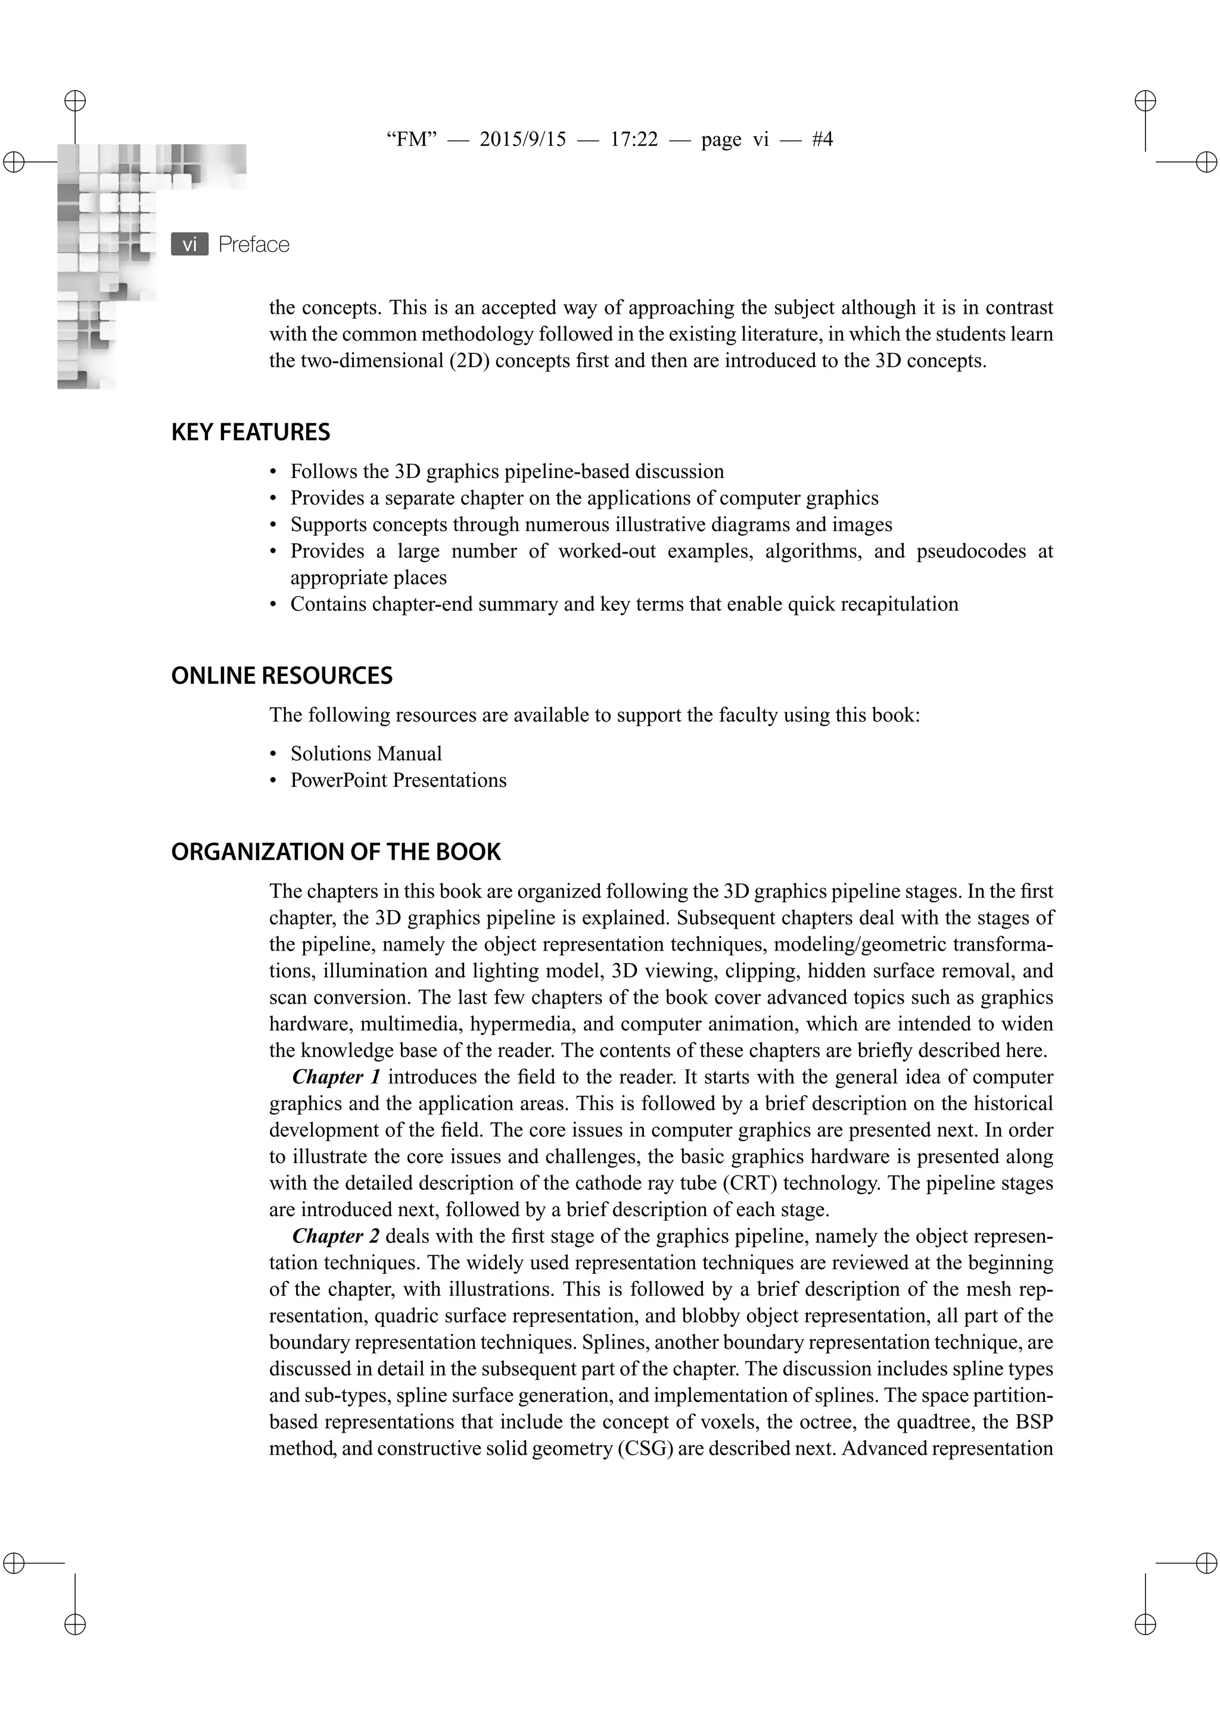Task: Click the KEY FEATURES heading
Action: click(x=250, y=432)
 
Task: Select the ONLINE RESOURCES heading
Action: click(x=282, y=676)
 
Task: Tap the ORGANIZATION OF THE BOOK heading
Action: click(x=335, y=852)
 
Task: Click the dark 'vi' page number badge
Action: click(x=189, y=244)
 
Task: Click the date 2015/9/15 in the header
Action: click(x=522, y=140)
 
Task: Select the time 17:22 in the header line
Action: click(x=634, y=140)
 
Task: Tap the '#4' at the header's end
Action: click(x=821, y=140)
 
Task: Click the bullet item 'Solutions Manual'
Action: click(x=366, y=754)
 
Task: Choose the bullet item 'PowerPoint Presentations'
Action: click(x=399, y=780)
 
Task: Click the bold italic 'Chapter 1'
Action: click(x=335, y=1077)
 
